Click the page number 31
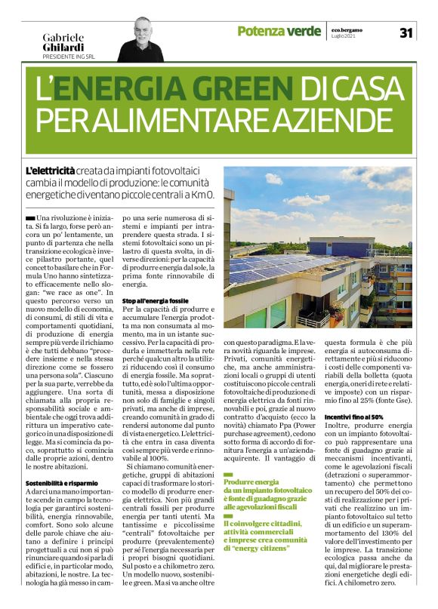click(x=406, y=32)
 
